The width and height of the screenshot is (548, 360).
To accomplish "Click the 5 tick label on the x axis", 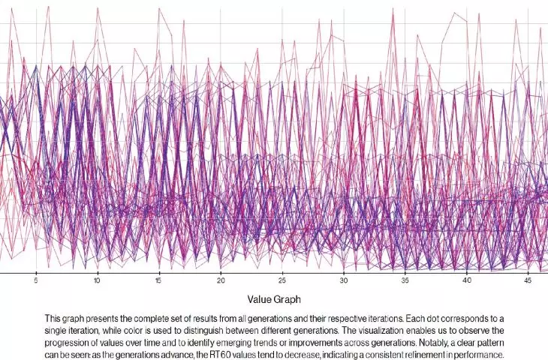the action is click(x=35, y=280).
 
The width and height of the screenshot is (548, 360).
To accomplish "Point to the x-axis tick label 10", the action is click(x=97, y=280).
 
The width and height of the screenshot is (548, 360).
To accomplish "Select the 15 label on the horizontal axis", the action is click(x=158, y=280).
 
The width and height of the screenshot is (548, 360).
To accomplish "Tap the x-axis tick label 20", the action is click(x=221, y=280).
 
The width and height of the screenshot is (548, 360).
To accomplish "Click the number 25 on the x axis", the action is click(x=282, y=280).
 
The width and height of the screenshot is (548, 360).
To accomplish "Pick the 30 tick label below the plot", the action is click(x=344, y=280).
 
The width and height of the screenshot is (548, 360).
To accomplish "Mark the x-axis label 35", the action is click(x=405, y=280).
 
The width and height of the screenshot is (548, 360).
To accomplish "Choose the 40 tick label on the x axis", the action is click(x=467, y=280).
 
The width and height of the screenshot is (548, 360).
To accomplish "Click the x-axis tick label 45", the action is click(x=528, y=280).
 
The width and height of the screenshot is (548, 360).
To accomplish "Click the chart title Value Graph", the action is click(x=274, y=299).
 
